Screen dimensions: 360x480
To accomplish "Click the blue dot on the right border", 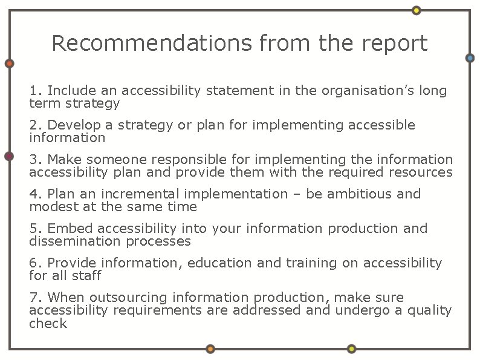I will tap(470, 58).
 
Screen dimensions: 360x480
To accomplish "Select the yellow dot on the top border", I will tap(417, 10).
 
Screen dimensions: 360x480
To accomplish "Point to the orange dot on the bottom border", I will tap(210, 349).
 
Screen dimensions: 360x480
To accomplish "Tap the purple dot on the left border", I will tap(9, 157).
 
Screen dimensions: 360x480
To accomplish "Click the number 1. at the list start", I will tap(36, 91).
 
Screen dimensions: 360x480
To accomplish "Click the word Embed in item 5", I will tap(70, 229).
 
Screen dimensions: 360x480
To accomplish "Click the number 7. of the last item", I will tap(36, 298).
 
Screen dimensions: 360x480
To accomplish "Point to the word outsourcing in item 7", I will tap(129, 298).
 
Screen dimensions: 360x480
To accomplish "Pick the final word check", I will tap(48, 323).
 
